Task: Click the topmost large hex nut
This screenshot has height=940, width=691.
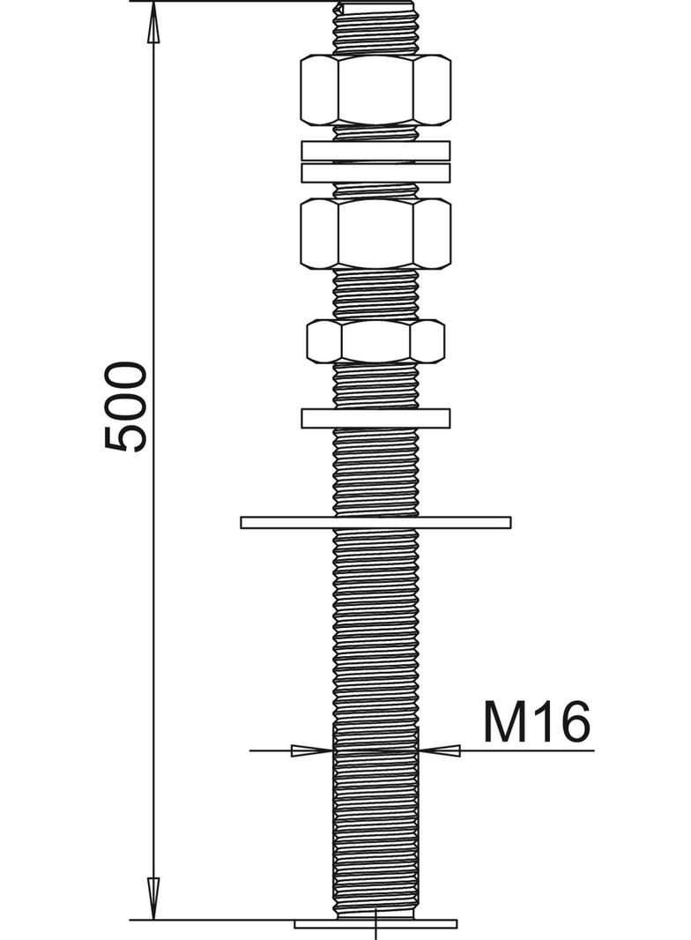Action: pyautogui.click(x=375, y=89)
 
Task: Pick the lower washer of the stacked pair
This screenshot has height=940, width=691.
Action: pyautogui.click(x=375, y=173)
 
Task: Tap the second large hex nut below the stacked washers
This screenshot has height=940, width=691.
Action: pyautogui.click(x=375, y=233)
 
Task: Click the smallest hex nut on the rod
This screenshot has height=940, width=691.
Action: pyautogui.click(x=375, y=341)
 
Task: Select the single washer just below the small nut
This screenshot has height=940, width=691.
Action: pyautogui.click(x=375, y=418)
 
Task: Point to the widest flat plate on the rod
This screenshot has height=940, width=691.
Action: pyautogui.click(x=375, y=522)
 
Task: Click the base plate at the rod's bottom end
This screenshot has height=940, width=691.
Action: pyautogui.click(x=375, y=923)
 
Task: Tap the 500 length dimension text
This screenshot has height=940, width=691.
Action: pyautogui.click(x=124, y=406)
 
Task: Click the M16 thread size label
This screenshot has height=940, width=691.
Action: pyautogui.click(x=535, y=723)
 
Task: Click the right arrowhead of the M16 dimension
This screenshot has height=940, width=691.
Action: pyautogui.click(x=441, y=750)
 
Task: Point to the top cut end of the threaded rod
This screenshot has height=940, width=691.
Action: pyautogui.click(x=375, y=7)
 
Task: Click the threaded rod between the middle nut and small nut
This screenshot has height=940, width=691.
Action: pyautogui.click(x=375, y=295)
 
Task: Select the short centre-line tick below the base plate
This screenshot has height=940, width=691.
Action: pyautogui.click(x=376, y=933)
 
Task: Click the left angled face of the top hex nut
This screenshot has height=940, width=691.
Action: pyautogui.click(x=318, y=89)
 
